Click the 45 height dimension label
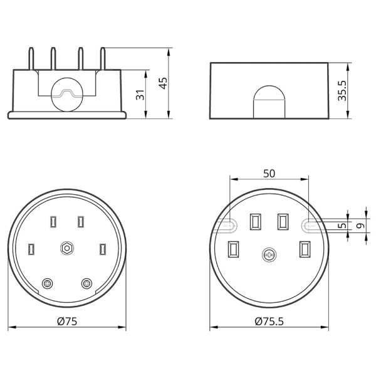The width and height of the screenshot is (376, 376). coord(164,83)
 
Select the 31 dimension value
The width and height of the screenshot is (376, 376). coord(140,95)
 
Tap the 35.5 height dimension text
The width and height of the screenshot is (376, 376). coord(342,91)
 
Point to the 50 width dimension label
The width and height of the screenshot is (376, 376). coord(269,174)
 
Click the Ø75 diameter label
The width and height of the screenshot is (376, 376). coord(67,321)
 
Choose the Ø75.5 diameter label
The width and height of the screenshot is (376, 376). coord(269,321)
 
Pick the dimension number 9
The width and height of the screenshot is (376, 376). coord(360,226)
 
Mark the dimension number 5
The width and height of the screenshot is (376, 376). coord(343,226)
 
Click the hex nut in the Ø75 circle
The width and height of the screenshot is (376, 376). coord(67,248)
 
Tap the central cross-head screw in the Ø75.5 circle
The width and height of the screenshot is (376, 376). coord(269,255)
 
